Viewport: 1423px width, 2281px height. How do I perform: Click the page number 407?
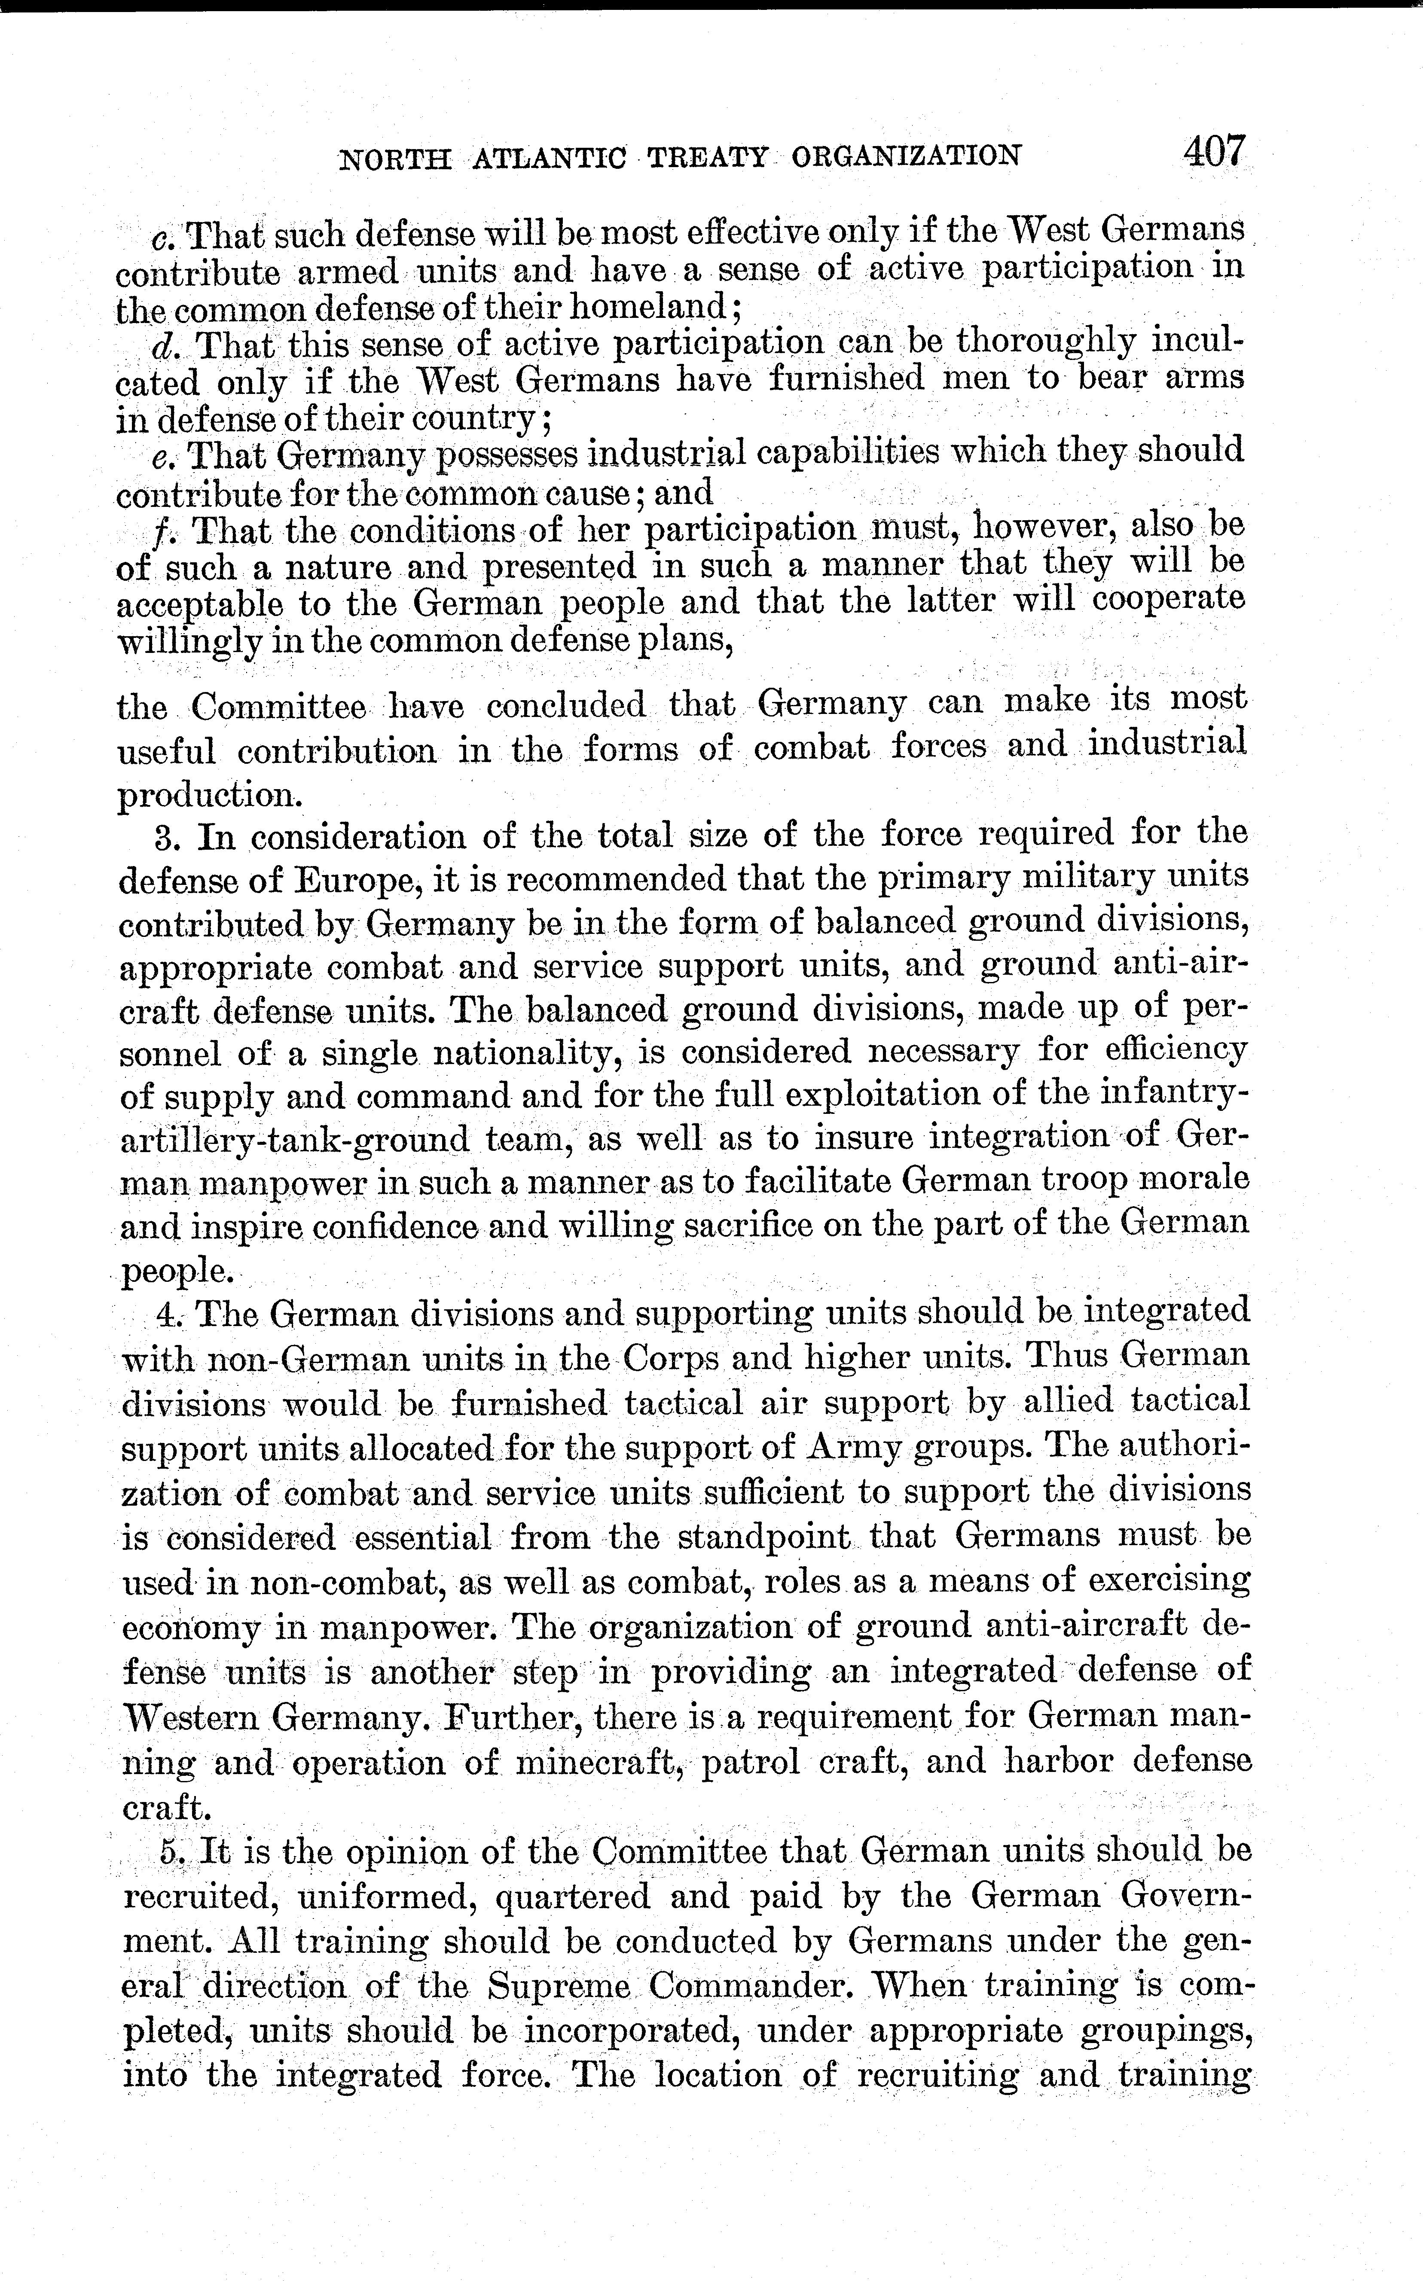pyautogui.click(x=1214, y=150)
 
